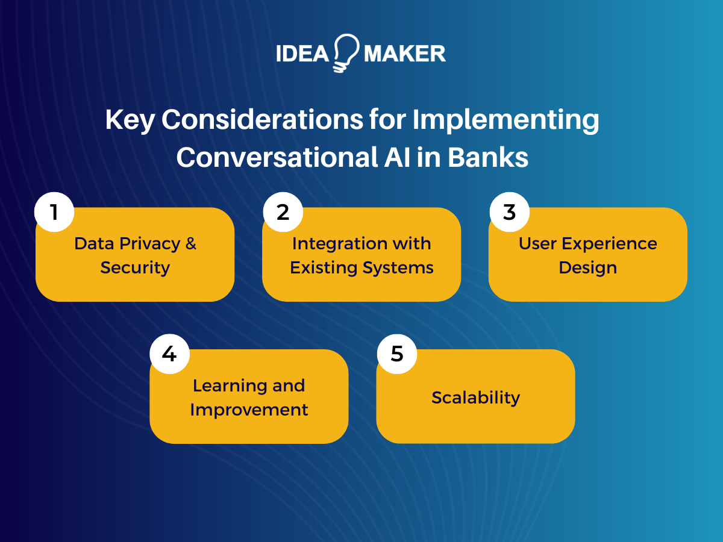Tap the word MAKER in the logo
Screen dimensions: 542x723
click(x=405, y=54)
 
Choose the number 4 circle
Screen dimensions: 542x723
click(x=169, y=354)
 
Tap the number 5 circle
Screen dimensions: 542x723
click(x=396, y=354)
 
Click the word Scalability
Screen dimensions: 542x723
click(x=475, y=397)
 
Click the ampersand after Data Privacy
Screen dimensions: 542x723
click(x=191, y=244)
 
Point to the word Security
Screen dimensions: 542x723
click(x=135, y=267)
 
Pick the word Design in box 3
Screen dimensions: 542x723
click(x=587, y=267)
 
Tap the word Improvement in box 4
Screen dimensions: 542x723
click(x=249, y=410)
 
